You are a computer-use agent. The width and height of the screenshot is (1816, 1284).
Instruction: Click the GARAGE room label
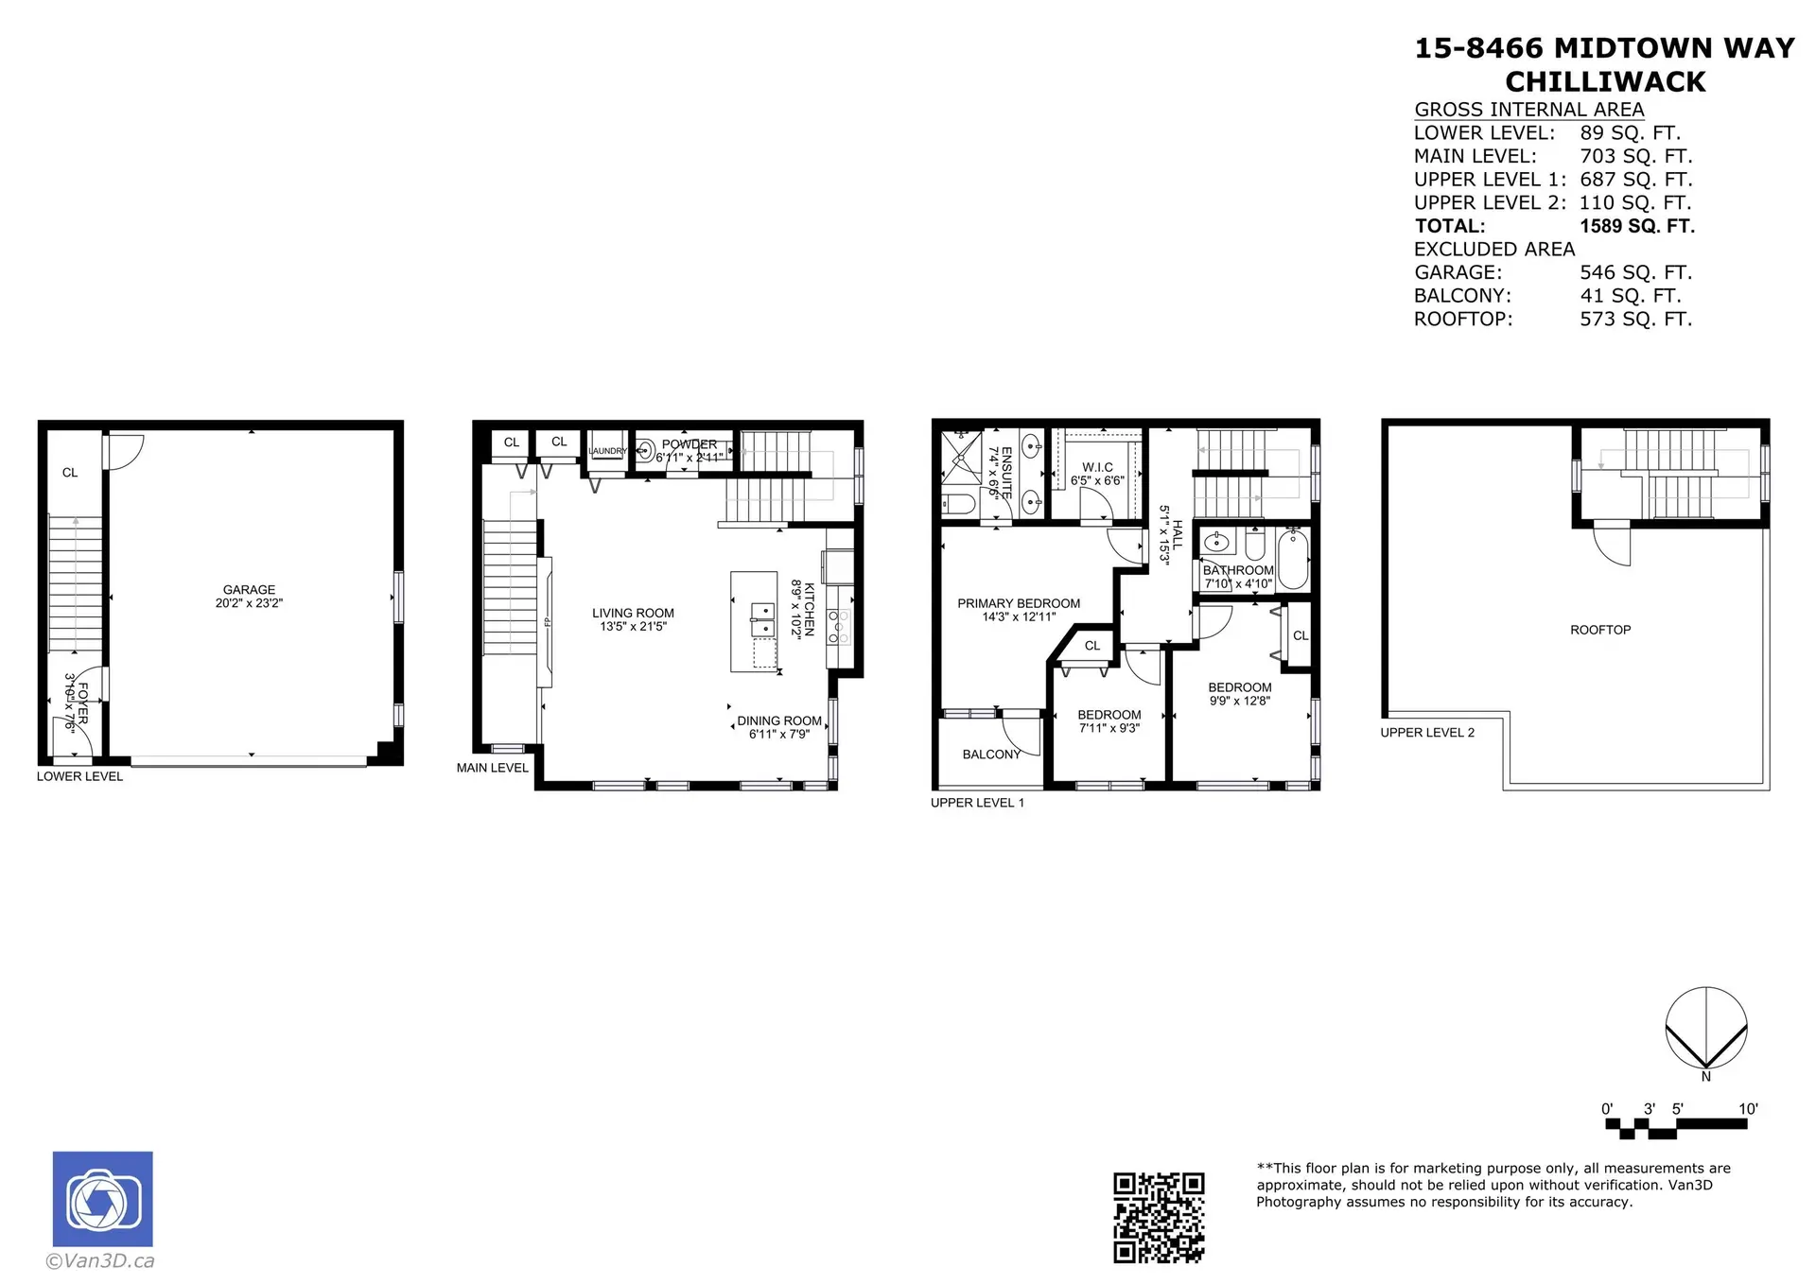pyautogui.click(x=249, y=589)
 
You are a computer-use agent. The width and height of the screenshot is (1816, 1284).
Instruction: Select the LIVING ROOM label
pyautogui.click(x=633, y=613)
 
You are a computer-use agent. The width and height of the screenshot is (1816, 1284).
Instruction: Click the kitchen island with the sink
pyautogui.click(x=754, y=621)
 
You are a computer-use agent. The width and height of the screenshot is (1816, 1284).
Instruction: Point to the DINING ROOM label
pyautogui.click(x=779, y=720)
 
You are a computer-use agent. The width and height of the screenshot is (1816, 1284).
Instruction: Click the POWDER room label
pyautogui.click(x=689, y=444)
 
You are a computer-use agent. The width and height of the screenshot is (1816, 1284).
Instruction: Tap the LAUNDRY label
pyautogui.click(x=607, y=451)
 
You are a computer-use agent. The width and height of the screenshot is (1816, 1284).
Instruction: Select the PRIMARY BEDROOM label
pyautogui.click(x=1019, y=603)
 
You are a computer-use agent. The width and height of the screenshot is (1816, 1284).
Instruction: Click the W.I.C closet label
pyautogui.click(x=1097, y=467)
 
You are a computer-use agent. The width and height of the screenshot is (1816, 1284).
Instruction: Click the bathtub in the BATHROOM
pyautogui.click(x=1292, y=559)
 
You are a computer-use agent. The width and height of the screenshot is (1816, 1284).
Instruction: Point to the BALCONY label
pyautogui.click(x=991, y=754)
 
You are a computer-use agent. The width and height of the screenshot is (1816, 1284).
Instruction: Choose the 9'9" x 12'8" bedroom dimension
pyautogui.click(x=1239, y=702)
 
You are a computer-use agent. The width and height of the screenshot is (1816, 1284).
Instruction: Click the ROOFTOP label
pyautogui.click(x=1600, y=630)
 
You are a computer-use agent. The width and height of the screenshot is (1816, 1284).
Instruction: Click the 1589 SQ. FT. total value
pyautogui.click(x=1636, y=226)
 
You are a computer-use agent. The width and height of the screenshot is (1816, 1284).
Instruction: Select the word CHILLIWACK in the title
pyautogui.click(x=1605, y=82)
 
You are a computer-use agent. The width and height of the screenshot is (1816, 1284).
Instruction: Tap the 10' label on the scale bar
pyautogui.click(x=1747, y=1108)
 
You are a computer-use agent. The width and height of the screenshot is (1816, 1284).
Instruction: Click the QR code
pyautogui.click(x=1159, y=1218)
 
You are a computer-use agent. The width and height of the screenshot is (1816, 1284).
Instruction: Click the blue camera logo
pyautogui.click(x=102, y=1199)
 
